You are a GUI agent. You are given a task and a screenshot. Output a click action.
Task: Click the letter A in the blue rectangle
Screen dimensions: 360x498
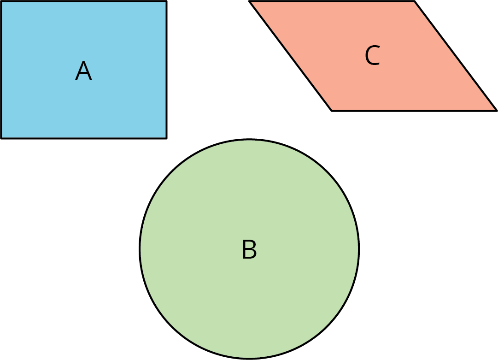[x=83, y=71]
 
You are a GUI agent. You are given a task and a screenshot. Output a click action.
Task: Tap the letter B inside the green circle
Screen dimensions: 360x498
[x=249, y=250]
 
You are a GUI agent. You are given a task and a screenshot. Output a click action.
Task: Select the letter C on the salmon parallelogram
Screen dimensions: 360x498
[x=372, y=56]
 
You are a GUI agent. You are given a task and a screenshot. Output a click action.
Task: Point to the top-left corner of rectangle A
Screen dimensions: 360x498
[x=1, y=1]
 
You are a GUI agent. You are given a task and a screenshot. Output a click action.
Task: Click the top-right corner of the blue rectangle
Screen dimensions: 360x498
[x=166, y=1]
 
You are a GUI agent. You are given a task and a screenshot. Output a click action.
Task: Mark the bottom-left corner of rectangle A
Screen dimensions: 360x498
[x=1, y=137]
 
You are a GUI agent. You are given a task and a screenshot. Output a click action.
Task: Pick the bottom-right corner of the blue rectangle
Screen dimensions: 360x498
[x=166, y=137]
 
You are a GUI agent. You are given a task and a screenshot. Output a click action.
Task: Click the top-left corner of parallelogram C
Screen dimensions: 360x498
[x=250, y=1]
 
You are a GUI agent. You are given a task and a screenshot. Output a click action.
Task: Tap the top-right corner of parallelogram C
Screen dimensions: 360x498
[x=415, y=1]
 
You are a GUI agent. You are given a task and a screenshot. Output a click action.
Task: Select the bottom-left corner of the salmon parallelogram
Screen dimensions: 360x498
[x=332, y=111]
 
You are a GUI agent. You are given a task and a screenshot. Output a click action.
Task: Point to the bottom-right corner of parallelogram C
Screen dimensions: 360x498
[x=496, y=111]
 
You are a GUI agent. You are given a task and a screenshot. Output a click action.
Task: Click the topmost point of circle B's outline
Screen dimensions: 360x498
[x=249, y=140]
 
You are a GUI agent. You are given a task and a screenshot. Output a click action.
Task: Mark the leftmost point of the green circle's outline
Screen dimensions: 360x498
[x=140, y=249]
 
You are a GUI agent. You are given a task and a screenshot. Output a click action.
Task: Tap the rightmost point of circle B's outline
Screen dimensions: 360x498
[x=358, y=249]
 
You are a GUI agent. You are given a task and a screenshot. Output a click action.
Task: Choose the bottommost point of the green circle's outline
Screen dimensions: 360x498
[x=249, y=358]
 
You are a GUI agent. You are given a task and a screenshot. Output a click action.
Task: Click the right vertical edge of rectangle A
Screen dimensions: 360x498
[x=166, y=69]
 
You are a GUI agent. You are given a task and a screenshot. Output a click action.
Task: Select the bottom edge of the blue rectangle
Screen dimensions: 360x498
[x=83, y=137]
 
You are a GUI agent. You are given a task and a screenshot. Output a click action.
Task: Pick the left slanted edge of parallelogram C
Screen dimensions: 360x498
[x=291, y=56]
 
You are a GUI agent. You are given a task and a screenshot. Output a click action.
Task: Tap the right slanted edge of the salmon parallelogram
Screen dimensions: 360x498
[x=456, y=56]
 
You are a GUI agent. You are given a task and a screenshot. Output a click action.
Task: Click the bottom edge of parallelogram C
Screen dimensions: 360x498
[x=414, y=111]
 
